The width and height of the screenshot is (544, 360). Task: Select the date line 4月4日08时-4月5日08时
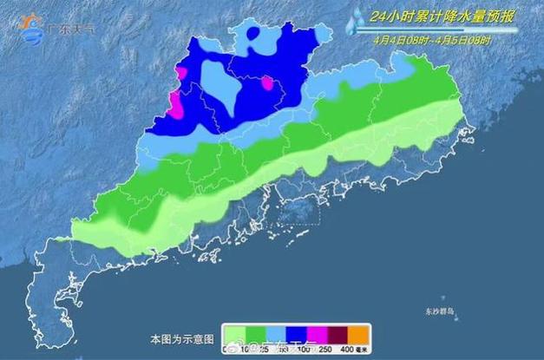click(x=432, y=40)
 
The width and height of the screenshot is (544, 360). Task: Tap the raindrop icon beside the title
click(x=356, y=22)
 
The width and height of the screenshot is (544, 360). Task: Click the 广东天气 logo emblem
click(x=32, y=26)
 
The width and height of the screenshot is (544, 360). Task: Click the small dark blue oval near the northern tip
click(x=252, y=34)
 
